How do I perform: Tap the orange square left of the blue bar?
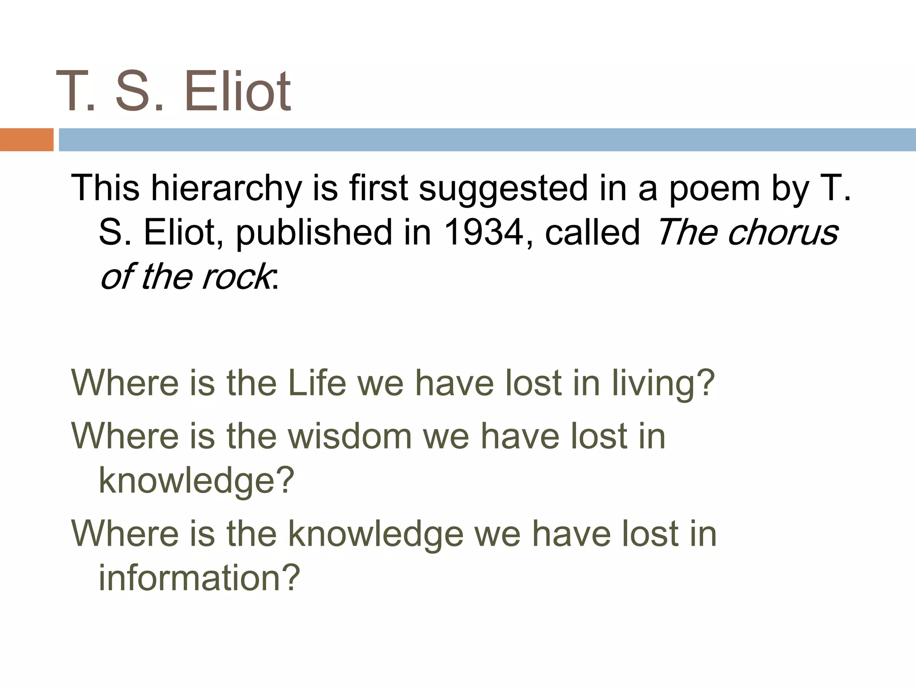coord(26,140)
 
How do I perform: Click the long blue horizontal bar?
coord(487,140)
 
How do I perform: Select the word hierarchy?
coord(226,189)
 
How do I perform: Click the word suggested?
coord(503,189)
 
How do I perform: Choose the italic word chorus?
coord(783,233)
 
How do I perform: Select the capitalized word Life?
coord(317,383)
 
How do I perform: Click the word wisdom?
coord(349,436)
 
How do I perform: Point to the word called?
coord(593,233)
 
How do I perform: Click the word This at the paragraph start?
coord(106,189)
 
